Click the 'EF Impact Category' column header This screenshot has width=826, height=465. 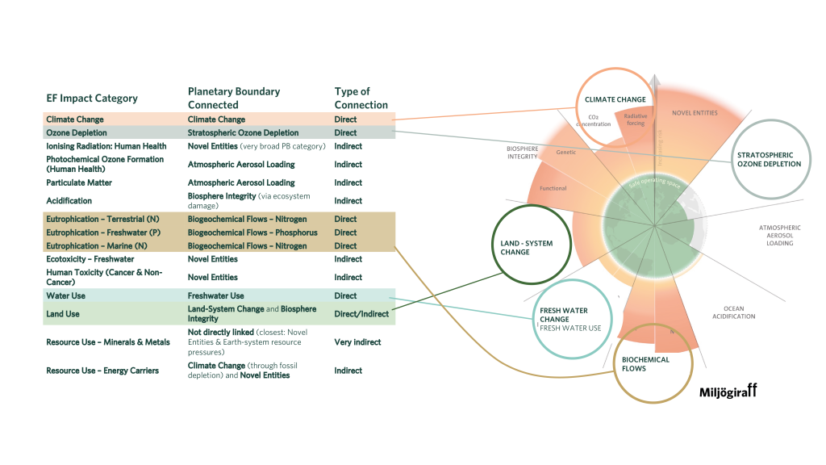pyautogui.click(x=92, y=98)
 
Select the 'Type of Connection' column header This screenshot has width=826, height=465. pyautogui.click(x=361, y=98)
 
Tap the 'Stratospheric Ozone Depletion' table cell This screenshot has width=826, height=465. pyautogui.click(x=243, y=133)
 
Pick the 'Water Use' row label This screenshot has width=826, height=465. pyautogui.click(x=67, y=296)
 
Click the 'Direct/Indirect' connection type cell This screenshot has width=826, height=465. pyautogui.click(x=361, y=314)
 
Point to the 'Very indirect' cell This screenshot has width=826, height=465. pyautogui.click(x=358, y=342)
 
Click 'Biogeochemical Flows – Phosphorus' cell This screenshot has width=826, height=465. pyautogui.click(x=252, y=233)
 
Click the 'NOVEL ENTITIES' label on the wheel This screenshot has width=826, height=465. pyautogui.click(x=695, y=113)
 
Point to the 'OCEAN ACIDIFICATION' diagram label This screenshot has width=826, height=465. pyautogui.click(x=733, y=312)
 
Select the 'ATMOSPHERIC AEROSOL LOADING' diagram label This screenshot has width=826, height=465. pyautogui.click(x=780, y=235)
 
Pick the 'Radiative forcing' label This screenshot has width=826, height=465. pyautogui.click(x=635, y=119)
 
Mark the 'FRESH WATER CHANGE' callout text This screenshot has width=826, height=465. pyautogui.click(x=565, y=315)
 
